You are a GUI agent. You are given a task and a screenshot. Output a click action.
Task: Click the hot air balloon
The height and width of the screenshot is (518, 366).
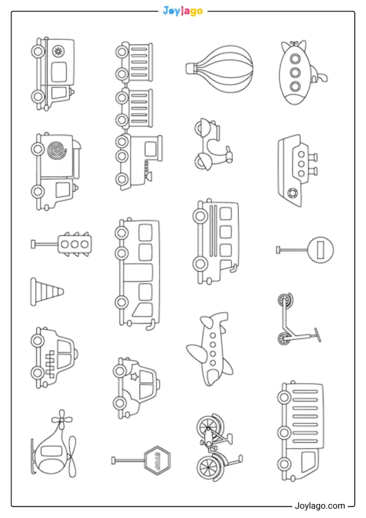point(219,69)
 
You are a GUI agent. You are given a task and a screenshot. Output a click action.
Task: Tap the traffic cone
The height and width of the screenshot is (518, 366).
point(47,292)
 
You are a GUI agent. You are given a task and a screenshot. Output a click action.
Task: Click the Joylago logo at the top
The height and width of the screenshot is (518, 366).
point(183,11)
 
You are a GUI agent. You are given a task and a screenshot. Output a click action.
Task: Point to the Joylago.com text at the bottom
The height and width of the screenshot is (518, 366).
point(320,506)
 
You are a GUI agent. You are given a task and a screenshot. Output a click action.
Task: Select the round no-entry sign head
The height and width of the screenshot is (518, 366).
point(320,250)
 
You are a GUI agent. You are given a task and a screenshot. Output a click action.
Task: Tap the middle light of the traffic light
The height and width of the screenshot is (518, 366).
point(75,244)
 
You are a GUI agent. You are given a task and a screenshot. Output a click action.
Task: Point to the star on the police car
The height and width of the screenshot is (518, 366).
point(134,376)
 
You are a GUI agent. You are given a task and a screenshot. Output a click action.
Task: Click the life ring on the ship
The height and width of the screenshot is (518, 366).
point(293,193)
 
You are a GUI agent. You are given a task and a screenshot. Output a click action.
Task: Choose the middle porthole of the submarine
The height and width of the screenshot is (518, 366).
point(295,72)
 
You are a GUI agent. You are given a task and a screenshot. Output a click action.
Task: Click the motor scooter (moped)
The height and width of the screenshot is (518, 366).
point(213,145)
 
